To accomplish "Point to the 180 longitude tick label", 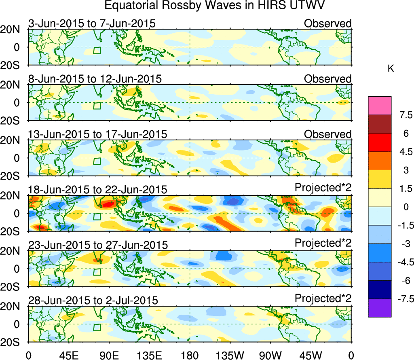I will point(190,355).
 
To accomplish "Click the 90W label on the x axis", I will point(270,355).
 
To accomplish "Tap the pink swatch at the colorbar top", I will point(380,106).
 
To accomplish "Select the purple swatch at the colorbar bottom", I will point(380,308).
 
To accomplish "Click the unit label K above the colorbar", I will point(391,69).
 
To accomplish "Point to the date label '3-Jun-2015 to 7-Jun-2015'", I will point(92,23).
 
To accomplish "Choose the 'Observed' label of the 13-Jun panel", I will point(328,134).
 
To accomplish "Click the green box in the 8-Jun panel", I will point(97,106).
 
